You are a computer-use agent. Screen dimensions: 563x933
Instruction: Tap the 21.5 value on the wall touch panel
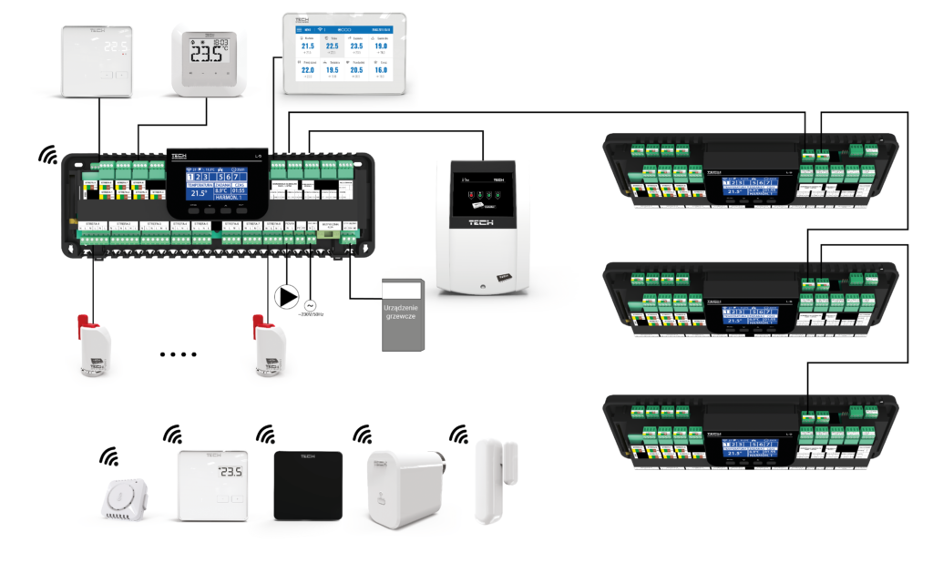point(308,46)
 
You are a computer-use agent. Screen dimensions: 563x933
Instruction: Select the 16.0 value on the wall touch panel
point(381,70)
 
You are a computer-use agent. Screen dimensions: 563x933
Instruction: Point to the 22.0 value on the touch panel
point(308,70)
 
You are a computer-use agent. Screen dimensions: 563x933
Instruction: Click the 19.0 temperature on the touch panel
point(381,46)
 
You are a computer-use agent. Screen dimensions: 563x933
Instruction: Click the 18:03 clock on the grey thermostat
point(220,42)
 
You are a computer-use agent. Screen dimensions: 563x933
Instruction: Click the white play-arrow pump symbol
point(287,296)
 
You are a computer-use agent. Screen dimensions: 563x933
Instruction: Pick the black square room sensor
point(308,485)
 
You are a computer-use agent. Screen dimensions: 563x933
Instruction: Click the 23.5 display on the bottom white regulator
point(231,472)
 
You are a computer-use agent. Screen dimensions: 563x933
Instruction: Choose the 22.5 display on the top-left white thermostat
point(115,46)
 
